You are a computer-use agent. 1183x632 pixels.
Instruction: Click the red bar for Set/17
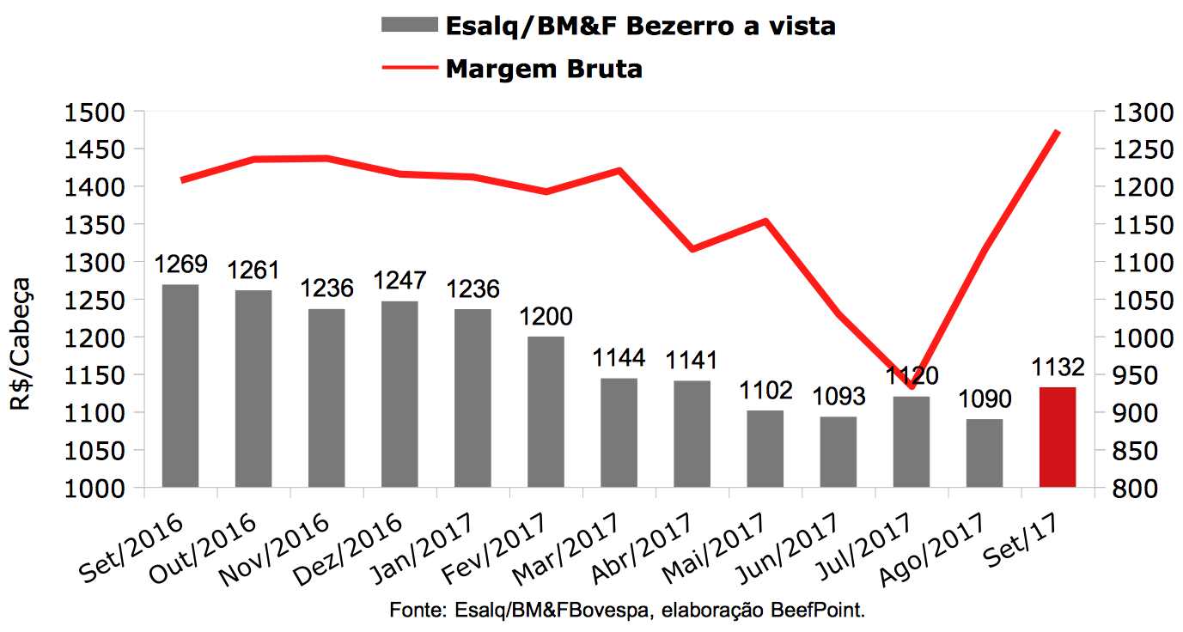click(x=1057, y=437)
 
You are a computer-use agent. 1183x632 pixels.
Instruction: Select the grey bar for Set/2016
click(x=180, y=386)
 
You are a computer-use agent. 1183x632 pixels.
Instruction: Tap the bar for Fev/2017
click(x=546, y=411)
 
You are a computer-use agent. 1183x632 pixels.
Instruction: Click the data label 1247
click(x=400, y=281)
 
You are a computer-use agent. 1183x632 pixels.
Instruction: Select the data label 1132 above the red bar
click(x=1058, y=368)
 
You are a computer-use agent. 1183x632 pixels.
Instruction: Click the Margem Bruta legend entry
click(x=543, y=69)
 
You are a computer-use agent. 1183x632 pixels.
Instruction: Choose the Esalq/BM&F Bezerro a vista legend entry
click(x=640, y=26)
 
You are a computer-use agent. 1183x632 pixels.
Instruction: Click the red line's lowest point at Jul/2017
click(x=911, y=386)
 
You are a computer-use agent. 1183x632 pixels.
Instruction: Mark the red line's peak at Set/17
click(x=1058, y=131)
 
